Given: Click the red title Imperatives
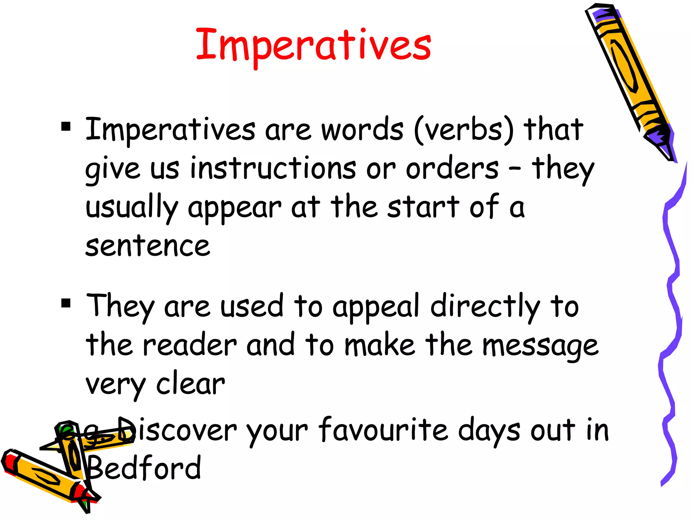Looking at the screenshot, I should point(313,46).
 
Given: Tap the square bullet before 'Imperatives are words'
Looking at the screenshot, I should point(66,127).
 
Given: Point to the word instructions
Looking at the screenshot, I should point(273,168).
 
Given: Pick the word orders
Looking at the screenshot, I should point(452,168).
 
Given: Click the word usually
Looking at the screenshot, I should point(132,207).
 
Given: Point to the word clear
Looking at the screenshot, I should point(191,384).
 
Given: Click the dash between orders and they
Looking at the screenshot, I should point(515,168).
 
